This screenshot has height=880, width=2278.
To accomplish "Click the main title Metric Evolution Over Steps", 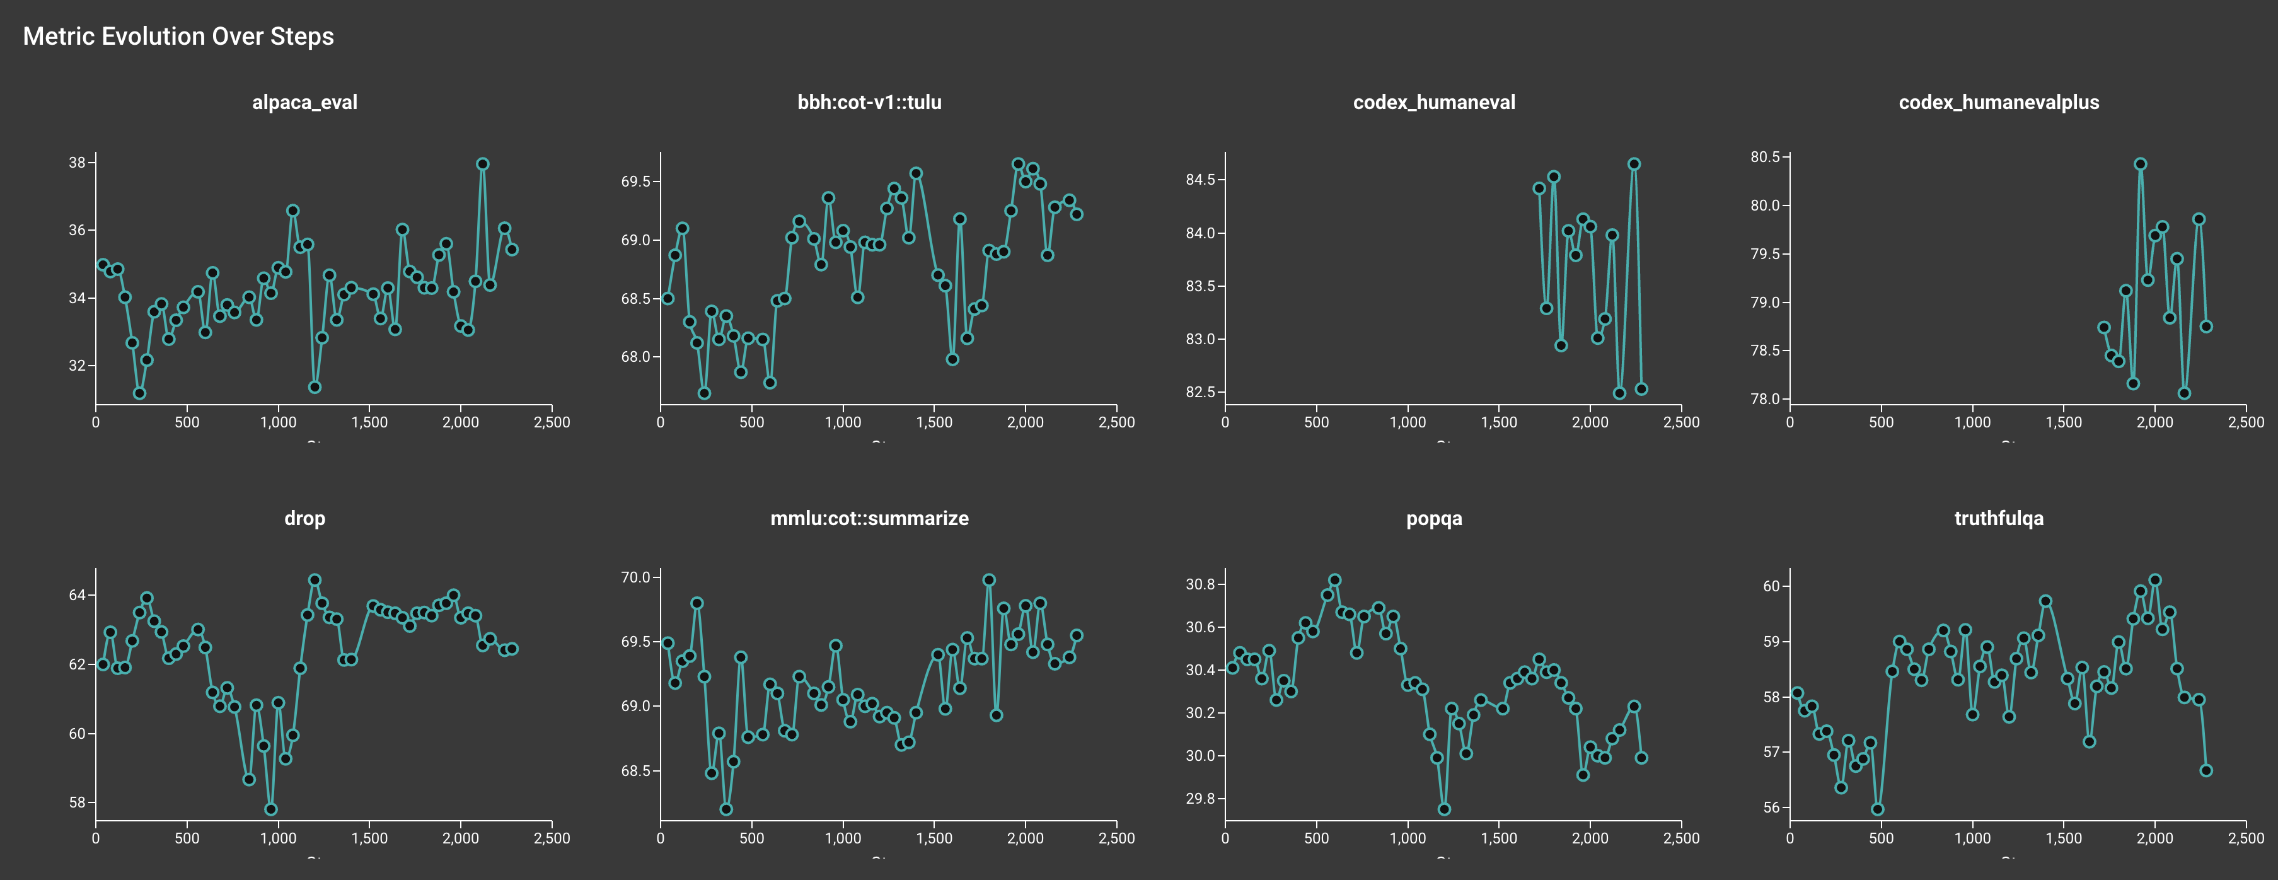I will pos(178,37).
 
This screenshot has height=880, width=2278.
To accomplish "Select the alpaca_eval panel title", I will pos(304,103).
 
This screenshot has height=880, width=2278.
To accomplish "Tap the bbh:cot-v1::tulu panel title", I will pos(869,103).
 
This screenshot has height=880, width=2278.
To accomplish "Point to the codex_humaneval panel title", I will pos(1433,103).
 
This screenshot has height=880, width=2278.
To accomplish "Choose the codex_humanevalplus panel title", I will pos(1999,103).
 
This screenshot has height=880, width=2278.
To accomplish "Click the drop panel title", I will pos(304,518).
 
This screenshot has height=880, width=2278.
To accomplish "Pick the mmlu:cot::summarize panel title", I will pos(869,518).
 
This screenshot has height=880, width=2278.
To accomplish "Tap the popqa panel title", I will pos(1433,518).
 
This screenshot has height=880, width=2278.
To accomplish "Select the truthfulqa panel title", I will pos(1999,518).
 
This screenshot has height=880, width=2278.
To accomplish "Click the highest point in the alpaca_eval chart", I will pos(482,164).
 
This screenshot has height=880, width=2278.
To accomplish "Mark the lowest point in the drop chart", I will pos(270,809).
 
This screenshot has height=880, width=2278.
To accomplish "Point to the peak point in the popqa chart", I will pos(1334,580).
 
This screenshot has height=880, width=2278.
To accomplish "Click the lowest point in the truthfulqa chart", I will pos(1877,809).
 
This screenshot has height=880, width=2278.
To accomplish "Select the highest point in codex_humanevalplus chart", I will pos(2140,164).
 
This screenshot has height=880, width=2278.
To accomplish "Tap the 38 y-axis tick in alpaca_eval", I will pos(77,163).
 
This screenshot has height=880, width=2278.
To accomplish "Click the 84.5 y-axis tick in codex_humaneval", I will pos(1200,180).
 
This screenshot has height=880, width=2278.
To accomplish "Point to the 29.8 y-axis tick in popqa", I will pos(1200,799).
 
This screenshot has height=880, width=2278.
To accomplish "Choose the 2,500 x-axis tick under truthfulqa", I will pos(2245,838).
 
